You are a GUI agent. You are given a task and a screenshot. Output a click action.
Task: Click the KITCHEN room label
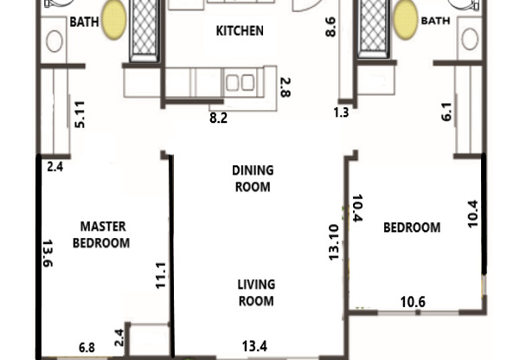[239, 32]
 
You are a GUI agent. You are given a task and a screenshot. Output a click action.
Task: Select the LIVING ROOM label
[256, 292]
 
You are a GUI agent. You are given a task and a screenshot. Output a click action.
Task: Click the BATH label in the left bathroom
[84, 22]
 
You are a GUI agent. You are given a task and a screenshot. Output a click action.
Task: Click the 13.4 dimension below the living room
[254, 347]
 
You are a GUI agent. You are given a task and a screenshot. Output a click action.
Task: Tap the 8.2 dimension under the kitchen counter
[219, 117]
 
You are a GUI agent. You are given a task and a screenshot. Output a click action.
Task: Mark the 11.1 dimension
[160, 275]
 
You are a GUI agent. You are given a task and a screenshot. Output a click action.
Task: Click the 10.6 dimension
[412, 301]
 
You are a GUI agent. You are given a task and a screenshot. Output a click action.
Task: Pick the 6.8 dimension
[87, 347]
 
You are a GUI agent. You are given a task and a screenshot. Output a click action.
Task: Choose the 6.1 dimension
[446, 112]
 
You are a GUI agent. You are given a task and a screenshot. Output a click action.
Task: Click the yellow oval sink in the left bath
[113, 23]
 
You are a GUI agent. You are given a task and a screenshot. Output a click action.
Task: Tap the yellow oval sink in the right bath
[404, 20]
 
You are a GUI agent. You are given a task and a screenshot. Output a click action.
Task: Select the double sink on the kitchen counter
[239, 82]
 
